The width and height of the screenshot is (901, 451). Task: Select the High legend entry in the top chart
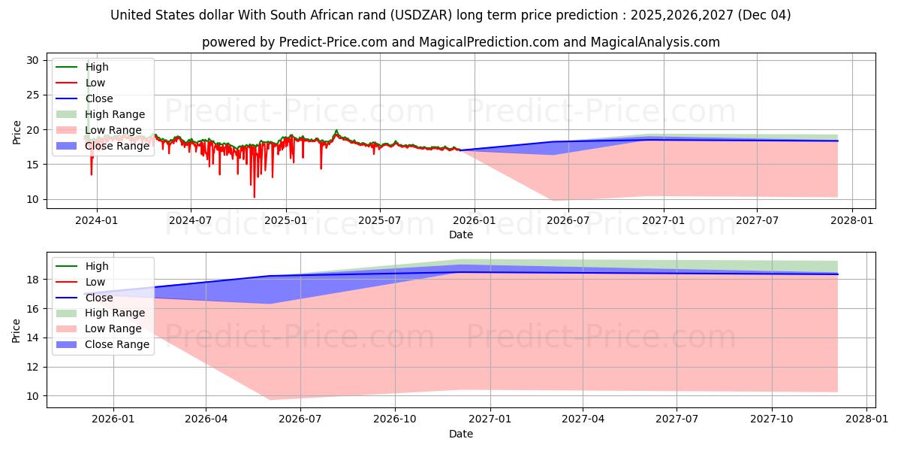click(x=97, y=67)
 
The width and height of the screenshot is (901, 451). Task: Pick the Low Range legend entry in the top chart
click(x=113, y=130)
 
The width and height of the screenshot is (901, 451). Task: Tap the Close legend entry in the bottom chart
click(x=99, y=298)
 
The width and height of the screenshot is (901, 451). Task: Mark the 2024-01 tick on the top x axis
click(x=96, y=220)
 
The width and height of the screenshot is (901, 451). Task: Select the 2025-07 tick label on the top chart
click(x=380, y=220)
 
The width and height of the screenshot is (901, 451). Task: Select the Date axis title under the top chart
click(x=460, y=235)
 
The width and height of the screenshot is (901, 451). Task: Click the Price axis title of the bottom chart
click(x=17, y=330)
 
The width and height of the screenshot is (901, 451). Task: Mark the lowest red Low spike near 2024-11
click(x=254, y=197)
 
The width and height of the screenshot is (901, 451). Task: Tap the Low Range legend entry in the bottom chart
click(x=113, y=328)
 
